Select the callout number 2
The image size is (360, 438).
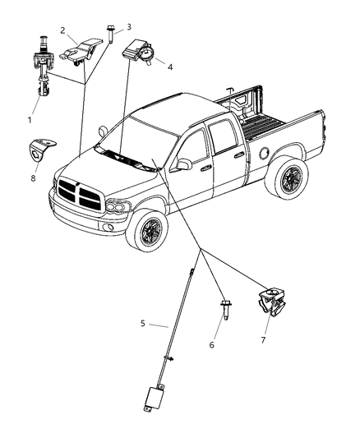[x=62, y=30]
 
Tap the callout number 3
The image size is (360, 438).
[x=128, y=27]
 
